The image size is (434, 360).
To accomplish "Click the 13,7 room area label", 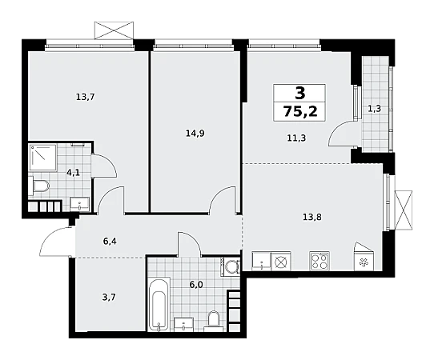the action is pyautogui.click(x=85, y=97).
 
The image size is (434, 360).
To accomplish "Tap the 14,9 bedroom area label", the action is pyautogui.click(x=195, y=134).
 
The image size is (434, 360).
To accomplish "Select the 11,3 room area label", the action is pyautogui.click(x=296, y=138).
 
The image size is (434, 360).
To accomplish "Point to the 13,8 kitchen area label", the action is pyautogui.click(x=312, y=217).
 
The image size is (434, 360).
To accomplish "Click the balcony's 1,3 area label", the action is pyautogui.click(x=375, y=109).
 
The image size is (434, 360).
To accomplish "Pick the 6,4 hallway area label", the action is pyautogui.click(x=110, y=242).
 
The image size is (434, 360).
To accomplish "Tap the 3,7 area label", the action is pyautogui.click(x=109, y=298).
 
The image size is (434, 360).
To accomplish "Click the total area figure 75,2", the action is pyautogui.click(x=299, y=112).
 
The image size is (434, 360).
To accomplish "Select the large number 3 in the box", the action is pyautogui.click(x=300, y=93).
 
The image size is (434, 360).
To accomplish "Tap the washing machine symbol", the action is pyautogui.click(x=231, y=266).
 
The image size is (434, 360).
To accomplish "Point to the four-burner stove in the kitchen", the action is pyautogui.click(x=319, y=261).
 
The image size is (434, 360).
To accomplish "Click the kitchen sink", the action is pyautogui.click(x=261, y=261).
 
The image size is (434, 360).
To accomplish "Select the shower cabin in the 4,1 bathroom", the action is pyautogui.click(x=43, y=157).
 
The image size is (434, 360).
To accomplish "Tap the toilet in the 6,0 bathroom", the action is pyautogui.click(x=214, y=321).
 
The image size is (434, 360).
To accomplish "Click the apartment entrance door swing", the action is pyautogui.click(x=57, y=241).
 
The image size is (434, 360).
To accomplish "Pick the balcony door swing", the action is pyautogui.click(x=340, y=134).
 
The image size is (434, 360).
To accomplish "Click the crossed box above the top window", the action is pyautogui.click(x=114, y=30).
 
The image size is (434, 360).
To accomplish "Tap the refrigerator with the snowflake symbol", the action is pyautogui.click(x=364, y=256).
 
